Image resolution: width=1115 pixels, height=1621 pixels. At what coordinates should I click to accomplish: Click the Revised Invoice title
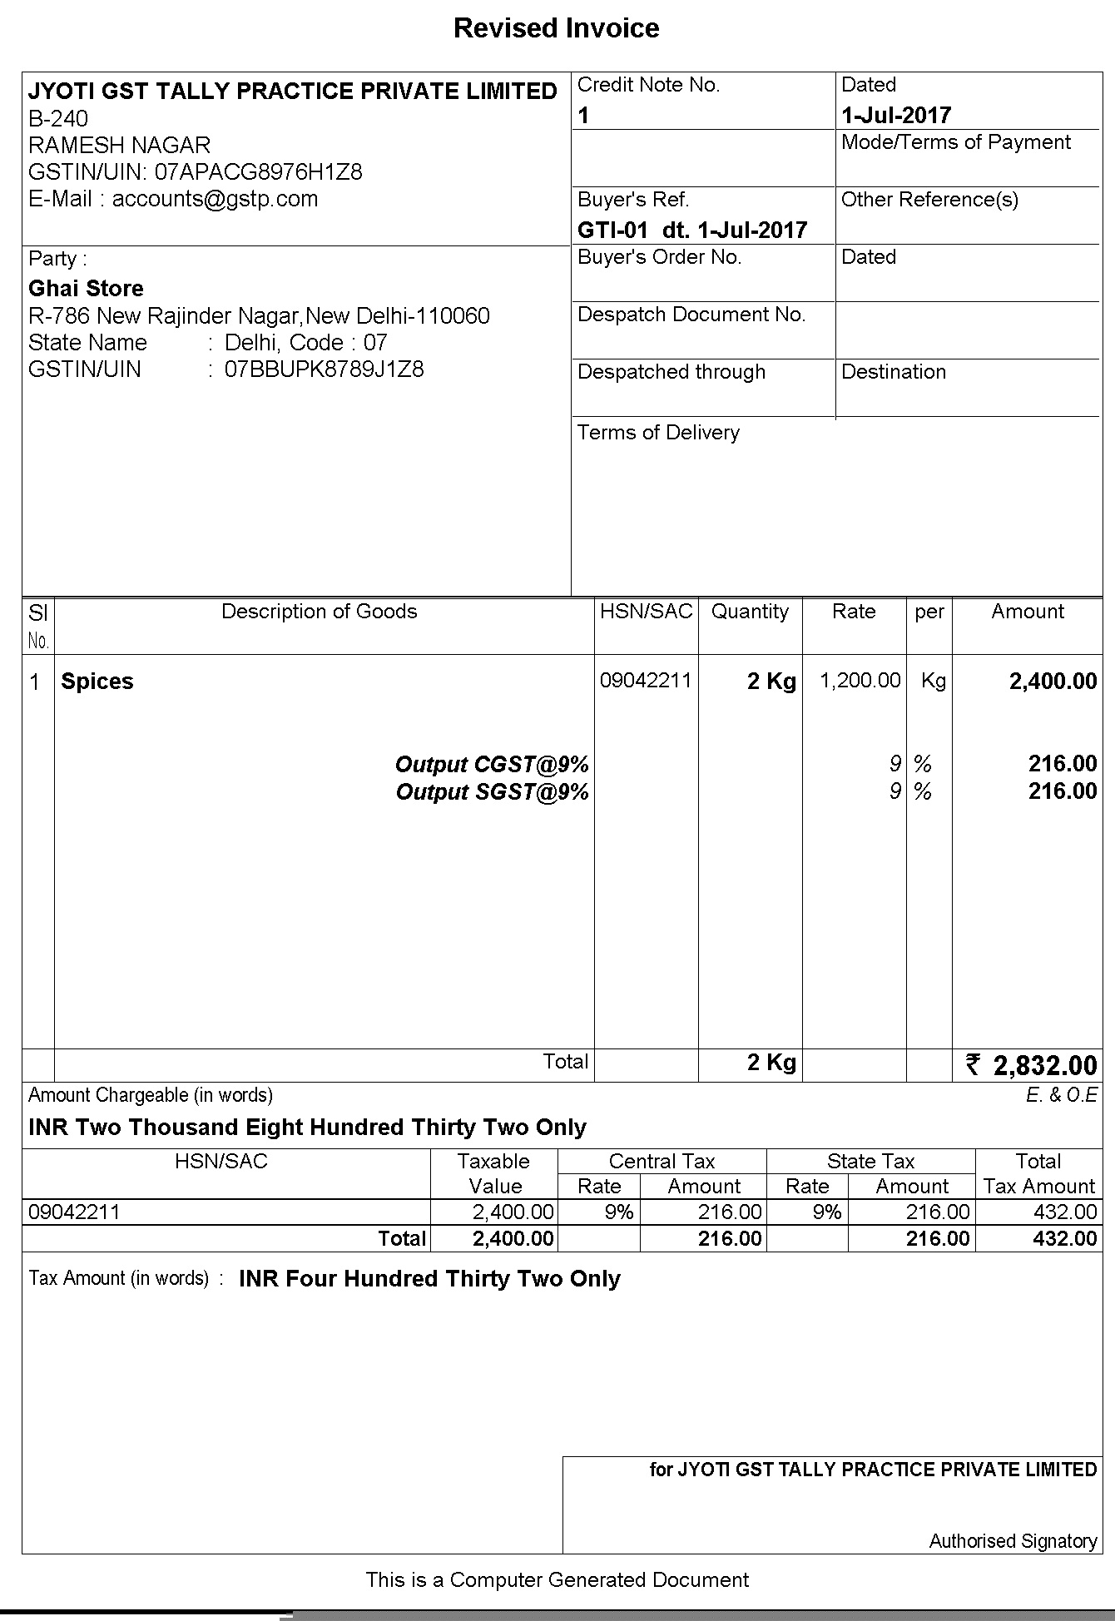(556, 28)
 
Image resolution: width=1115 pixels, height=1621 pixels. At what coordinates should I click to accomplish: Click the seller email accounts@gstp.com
(215, 199)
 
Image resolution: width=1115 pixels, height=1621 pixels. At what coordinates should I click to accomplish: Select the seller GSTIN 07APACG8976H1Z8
(259, 172)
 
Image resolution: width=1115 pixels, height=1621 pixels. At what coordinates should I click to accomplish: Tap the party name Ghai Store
(86, 289)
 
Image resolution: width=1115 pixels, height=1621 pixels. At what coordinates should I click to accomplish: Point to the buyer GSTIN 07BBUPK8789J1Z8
(324, 369)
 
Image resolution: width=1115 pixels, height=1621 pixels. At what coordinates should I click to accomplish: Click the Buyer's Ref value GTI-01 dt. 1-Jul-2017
(692, 231)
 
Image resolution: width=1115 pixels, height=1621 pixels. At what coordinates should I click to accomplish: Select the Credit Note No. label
(648, 85)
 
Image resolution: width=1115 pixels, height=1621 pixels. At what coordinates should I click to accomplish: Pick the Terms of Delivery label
(658, 433)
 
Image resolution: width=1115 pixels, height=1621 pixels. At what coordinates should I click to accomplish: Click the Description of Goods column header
(319, 612)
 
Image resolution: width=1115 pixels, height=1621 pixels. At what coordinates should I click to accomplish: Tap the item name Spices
(97, 682)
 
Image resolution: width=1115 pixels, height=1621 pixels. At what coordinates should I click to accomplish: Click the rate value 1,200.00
(860, 681)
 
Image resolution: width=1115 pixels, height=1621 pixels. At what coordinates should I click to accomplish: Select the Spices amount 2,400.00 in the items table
(1053, 682)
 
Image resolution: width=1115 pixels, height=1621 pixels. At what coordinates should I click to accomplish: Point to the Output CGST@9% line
(492, 764)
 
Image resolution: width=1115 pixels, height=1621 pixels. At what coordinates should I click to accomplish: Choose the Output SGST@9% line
(492, 791)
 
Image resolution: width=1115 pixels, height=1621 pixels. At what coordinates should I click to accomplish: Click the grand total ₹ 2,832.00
(1031, 1065)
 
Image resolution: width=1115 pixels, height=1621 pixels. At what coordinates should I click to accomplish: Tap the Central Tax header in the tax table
(662, 1162)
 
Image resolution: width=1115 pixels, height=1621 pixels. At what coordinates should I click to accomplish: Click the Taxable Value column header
(494, 1173)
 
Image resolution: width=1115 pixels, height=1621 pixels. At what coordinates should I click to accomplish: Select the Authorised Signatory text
(1013, 1541)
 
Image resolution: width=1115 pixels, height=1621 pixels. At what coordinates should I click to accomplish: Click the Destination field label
(894, 372)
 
